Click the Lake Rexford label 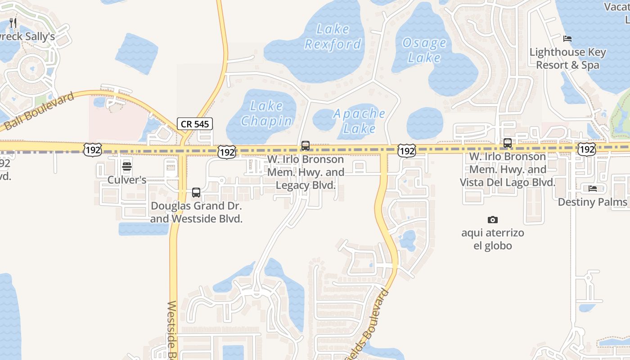[x=333, y=36]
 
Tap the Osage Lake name [x=424, y=50]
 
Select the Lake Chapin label [x=266, y=113]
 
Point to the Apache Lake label [x=359, y=121]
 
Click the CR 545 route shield [x=194, y=124]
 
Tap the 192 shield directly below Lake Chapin [x=227, y=152]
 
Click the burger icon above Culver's [x=127, y=167]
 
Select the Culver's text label [x=127, y=180]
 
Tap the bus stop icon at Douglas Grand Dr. [x=196, y=193]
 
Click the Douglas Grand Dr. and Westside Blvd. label [x=196, y=212]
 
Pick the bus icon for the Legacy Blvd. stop [x=306, y=146]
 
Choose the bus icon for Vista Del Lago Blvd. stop [x=508, y=143]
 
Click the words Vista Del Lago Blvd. [x=507, y=182]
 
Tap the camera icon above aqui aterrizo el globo [x=493, y=220]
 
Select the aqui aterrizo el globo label [x=493, y=239]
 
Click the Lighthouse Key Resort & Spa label [x=567, y=58]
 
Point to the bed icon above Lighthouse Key [x=567, y=39]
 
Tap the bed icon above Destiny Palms [x=593, y=189]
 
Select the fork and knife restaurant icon [x=13, y=23]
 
